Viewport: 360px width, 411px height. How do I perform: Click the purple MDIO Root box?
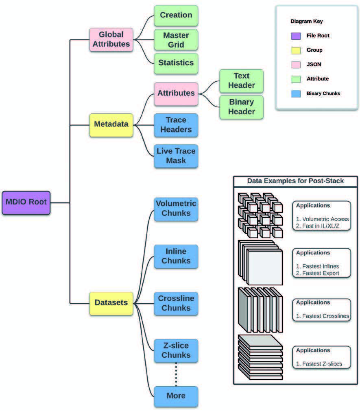click(26, 202)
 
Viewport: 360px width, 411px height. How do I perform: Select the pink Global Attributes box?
click(111, 39)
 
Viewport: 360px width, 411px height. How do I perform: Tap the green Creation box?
click(176, 15)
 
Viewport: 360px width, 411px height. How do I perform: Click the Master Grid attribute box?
click(176, 39)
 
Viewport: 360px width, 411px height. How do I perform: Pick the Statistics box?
click(176, 63)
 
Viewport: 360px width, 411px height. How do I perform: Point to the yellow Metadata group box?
click(111, 124)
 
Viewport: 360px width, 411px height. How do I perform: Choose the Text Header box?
click(241, 80)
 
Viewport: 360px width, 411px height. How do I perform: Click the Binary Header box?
click(241, 107)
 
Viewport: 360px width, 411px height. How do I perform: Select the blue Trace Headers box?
click(176, 125)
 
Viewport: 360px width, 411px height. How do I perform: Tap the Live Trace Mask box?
click(176, 156)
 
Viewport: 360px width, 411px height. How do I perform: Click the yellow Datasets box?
click(111, 303)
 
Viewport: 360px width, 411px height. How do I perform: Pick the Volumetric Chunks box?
click(176, 209)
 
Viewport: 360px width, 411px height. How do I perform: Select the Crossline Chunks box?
click(176, 303)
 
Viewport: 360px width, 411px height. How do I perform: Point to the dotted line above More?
click(176, 374)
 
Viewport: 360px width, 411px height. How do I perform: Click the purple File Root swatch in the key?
click(296, 36)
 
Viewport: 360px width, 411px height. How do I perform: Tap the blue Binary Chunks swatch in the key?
click(296, 94)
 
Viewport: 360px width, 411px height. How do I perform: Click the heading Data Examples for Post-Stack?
click(295, 181)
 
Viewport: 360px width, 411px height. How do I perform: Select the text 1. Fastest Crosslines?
click(322, 316)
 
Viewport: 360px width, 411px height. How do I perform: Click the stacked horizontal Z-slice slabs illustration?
click(260, 357)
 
